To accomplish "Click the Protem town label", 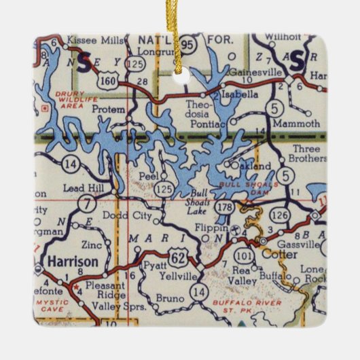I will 111,109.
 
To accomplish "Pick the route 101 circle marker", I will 242,257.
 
